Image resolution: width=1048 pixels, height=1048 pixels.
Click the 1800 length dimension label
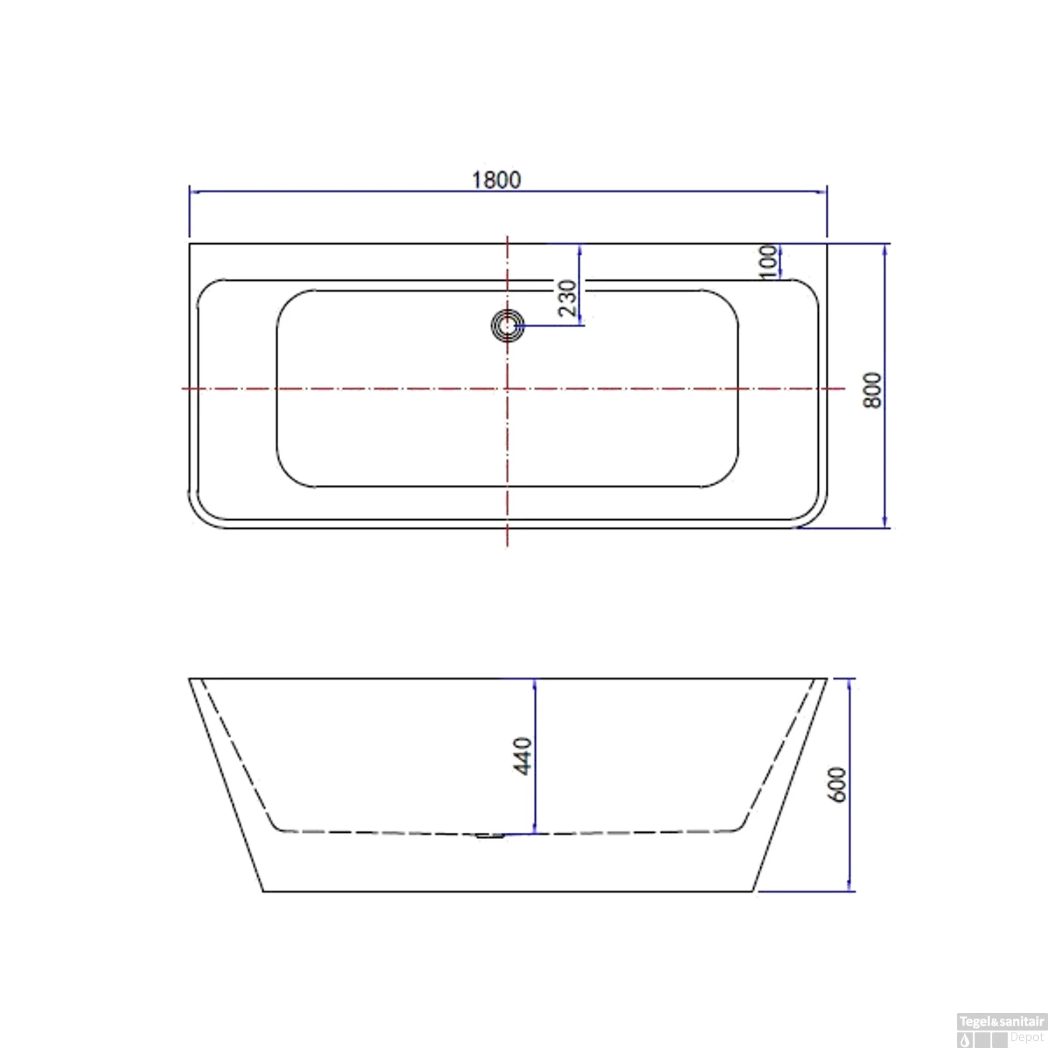click(496, 180)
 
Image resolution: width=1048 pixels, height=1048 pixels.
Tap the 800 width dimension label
click(873, 390)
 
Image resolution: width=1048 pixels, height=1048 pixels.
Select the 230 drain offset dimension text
click(567, 298)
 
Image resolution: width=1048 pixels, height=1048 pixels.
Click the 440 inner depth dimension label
click(523, 755)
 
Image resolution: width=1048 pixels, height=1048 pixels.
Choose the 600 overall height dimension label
click(836, 785)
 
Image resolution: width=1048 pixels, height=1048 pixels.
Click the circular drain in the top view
click(507, 326)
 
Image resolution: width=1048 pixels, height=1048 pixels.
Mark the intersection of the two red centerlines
click(507, 388)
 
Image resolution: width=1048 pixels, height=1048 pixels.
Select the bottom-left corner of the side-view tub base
click(263, 891)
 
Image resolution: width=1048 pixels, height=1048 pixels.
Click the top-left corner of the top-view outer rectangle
click(190, 244)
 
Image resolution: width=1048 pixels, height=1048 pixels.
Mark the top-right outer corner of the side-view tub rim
click(827, 678)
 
